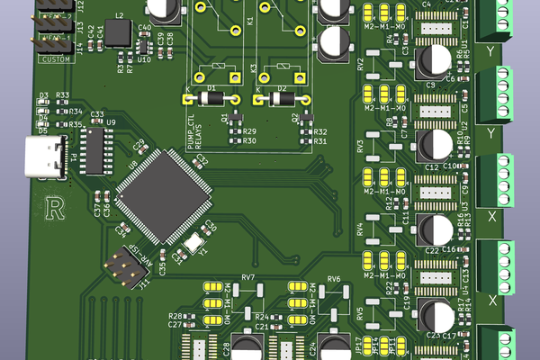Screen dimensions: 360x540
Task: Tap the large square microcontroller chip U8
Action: [163, 193]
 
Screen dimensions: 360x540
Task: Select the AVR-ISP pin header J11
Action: [122, 266]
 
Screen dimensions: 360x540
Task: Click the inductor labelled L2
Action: [119, 33]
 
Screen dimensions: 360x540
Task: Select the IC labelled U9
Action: [95, 147]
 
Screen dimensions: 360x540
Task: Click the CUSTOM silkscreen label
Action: [55, 59]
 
